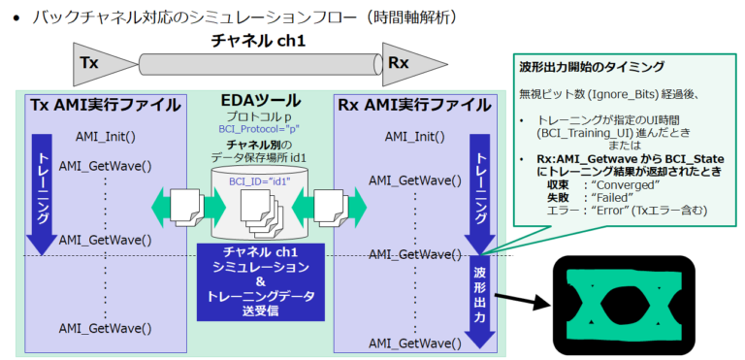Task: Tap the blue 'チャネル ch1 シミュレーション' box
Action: (257, 281)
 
